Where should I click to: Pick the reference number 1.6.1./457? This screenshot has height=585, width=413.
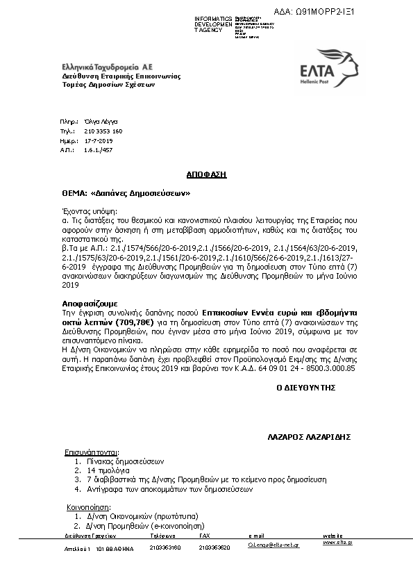click(x=98, y=149)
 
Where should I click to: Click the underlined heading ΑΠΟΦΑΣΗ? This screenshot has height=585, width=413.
click(x=206, y=174)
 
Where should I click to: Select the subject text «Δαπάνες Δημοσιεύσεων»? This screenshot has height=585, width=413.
click(x=140, y=192)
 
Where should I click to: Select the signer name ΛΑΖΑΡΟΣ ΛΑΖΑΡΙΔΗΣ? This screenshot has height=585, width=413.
click(x=309, y=438)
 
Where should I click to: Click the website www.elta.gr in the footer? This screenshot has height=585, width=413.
click(x=337, y=542)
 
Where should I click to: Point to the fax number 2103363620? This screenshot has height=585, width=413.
click(x=214, y=547)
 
